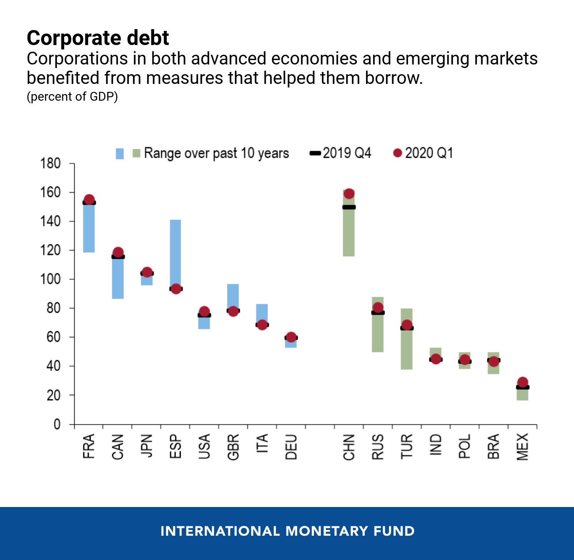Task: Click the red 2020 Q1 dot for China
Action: (x=349, y=194)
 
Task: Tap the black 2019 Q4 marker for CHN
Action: (x=349, y=207)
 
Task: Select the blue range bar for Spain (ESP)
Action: (x=175, y=247)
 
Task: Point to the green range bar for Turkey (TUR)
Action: (x=407, y=349)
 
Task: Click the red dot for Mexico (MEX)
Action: (x=522, y=382)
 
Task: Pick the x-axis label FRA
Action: (x=89, y=446)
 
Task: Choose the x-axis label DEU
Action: (x=291, y=446)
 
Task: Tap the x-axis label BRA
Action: (x=494, y=446)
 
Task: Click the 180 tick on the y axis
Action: (x=50, y=163)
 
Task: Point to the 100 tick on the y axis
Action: (x=50, y=279)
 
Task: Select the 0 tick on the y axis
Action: (x=57, y=424)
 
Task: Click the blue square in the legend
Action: (x=120, y=154)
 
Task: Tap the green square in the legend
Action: (x=136, y=153)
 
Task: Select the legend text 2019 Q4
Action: (x=347, y=153)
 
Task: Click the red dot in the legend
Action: (x=397, y=153)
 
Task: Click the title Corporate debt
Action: (x=98, y=38)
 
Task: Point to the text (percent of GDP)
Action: (x=72, y=96)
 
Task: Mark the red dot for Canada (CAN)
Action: (x=118, y=253)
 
